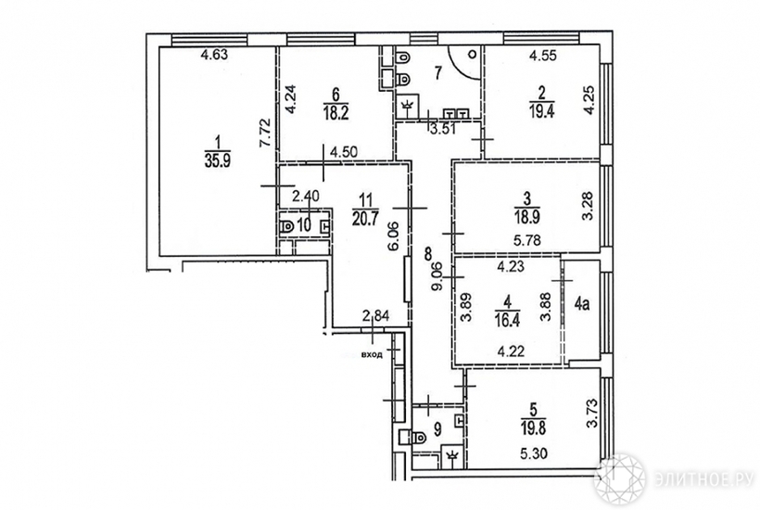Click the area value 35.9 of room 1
pos(218,160)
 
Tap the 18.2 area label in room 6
pos(336,114)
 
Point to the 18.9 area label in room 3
pos(526,218)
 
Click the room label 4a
pos(582,304)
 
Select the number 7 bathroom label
pos(437,73)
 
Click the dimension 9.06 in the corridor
pos(437,276)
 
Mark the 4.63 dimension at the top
pos(214,55)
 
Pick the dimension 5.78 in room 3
pos(526,240)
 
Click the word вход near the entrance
pos(372,354)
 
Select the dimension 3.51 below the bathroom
pos(440,129)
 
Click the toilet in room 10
pos(287,226)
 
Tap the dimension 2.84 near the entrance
pos(376,316)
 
